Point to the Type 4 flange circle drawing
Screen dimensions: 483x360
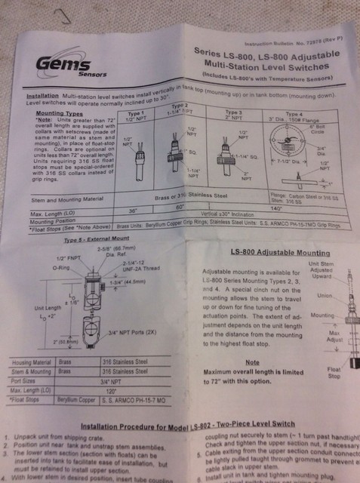(x=289, y=135)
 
